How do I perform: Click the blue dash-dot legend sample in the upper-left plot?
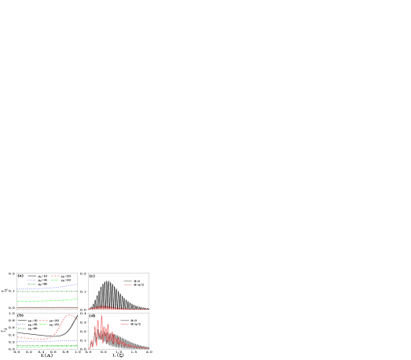click(x=31, y=280)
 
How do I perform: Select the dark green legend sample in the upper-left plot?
click(x=31, y=284)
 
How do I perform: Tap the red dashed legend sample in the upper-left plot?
click(x=55, y=276)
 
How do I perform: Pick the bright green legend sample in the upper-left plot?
click(x=55, y=280)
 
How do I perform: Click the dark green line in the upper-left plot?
click(x=47, y=292)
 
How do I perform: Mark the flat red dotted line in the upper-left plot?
click(x=47, y=307)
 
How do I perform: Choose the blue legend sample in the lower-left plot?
click(x=22, y=324)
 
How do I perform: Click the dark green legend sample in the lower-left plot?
click(x=22, y=328)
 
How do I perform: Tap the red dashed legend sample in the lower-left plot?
click(x=43, y=320)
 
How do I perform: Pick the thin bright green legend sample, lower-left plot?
click(x=43, y=324)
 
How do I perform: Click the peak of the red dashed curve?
click(x=70, y=314)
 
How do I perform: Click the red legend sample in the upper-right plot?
click(x=127, y=285)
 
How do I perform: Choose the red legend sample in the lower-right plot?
click(x=124, y=324)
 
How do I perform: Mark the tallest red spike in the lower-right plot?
click(x=101, y=318)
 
